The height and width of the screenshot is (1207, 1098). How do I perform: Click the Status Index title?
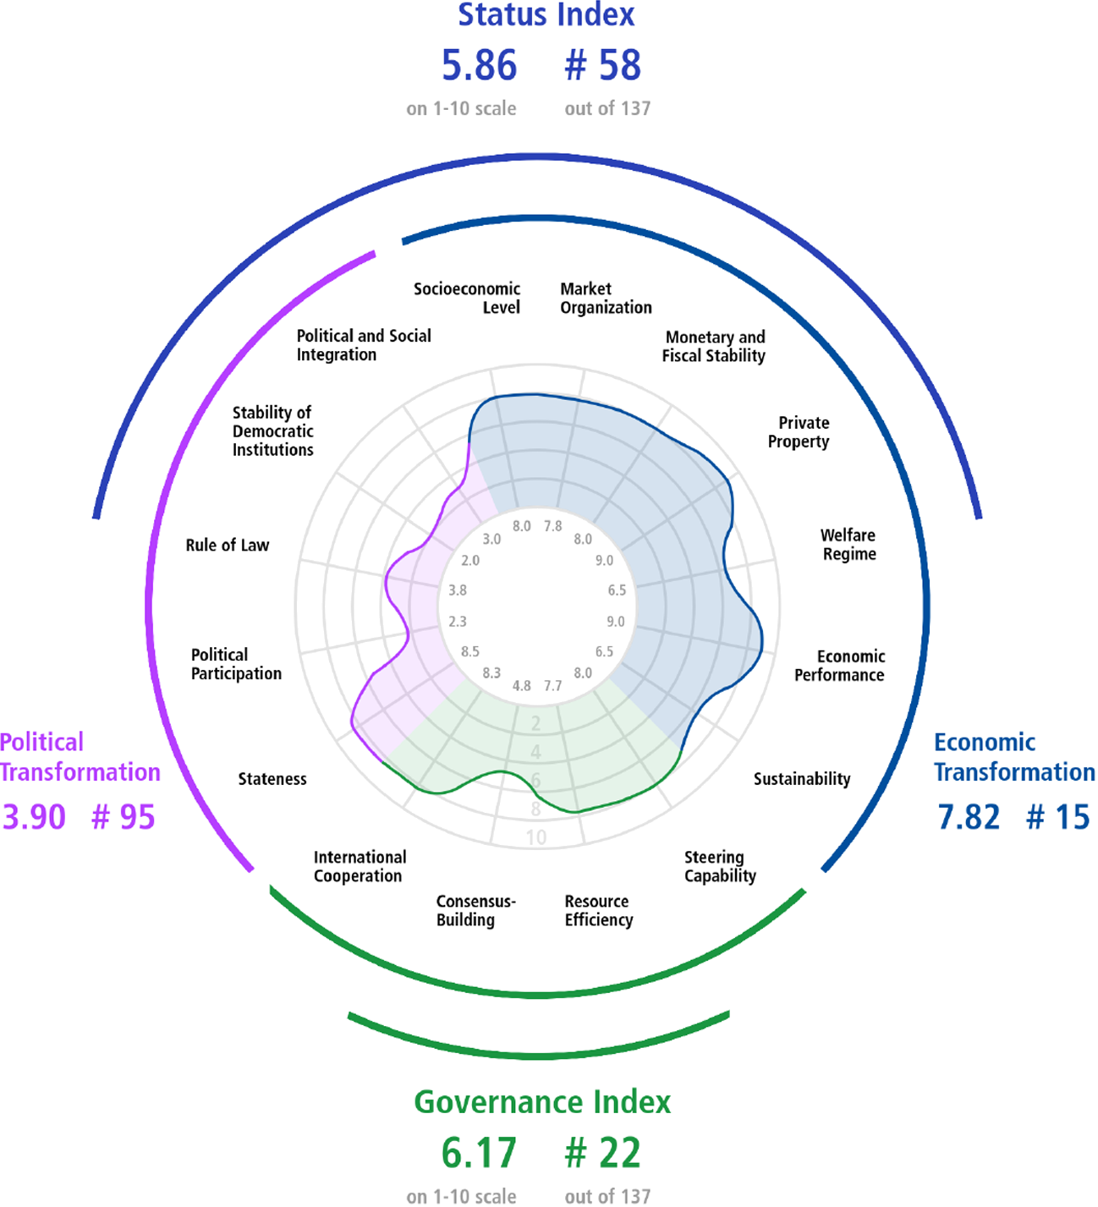546,14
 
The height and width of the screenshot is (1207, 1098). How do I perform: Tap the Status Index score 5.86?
479,65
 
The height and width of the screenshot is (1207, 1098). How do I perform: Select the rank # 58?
602,65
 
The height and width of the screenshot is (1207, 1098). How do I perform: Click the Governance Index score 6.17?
479,1152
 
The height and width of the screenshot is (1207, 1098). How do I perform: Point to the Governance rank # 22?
602,1152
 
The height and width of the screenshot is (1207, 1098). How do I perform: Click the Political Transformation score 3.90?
34,816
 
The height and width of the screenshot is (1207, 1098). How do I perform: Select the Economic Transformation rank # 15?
1057,816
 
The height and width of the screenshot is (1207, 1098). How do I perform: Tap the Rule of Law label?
227,545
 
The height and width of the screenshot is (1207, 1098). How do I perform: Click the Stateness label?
272,779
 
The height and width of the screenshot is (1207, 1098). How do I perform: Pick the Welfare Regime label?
848,545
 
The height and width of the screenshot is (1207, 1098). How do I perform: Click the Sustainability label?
802,779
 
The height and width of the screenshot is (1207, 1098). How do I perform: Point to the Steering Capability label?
720,866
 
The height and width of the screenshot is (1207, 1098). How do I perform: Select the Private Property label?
799,432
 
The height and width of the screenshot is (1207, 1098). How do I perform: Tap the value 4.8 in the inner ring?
521,685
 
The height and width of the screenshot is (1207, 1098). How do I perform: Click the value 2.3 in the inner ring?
458,621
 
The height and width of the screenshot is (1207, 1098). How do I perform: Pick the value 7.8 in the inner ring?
552,526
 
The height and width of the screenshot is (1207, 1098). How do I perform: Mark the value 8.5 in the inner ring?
470,651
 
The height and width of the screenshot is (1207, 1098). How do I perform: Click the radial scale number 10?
535,837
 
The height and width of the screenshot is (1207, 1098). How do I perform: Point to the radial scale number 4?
535,751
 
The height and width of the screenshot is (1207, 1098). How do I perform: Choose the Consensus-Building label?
475,910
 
